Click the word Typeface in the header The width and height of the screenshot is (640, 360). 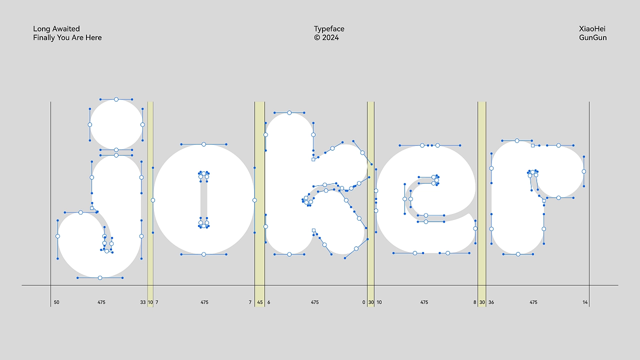pyautogui.click(x=329, y=29)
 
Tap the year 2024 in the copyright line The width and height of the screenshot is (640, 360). pyautogui.click(x=330, y=37)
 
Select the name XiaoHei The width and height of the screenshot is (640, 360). pyautogui.click(x=592, y=29)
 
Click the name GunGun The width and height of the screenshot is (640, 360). pyautogui.click(x=593, y=37)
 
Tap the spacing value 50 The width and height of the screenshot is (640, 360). pyautogui.click(x=56, y=302)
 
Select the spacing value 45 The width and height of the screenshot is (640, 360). pyautogui.click(x=259, y=302)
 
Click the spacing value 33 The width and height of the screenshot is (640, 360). pyautogui.click(x=143, y=302)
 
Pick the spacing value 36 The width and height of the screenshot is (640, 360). pyautogui.click(x=491, y=302)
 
